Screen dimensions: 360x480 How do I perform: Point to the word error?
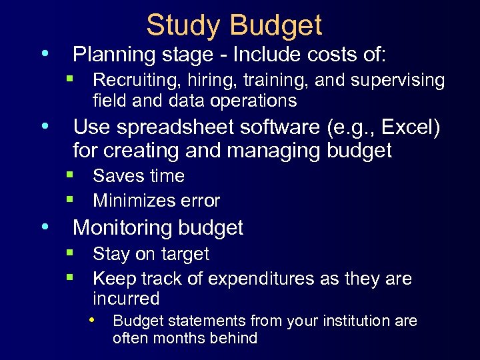pyautogui.click(x=200, y=201)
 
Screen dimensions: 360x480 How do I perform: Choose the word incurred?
pyautogui.click(x=126, y=298)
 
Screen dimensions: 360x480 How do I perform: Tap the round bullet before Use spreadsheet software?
pyautogui.click(x=45, y=125)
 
